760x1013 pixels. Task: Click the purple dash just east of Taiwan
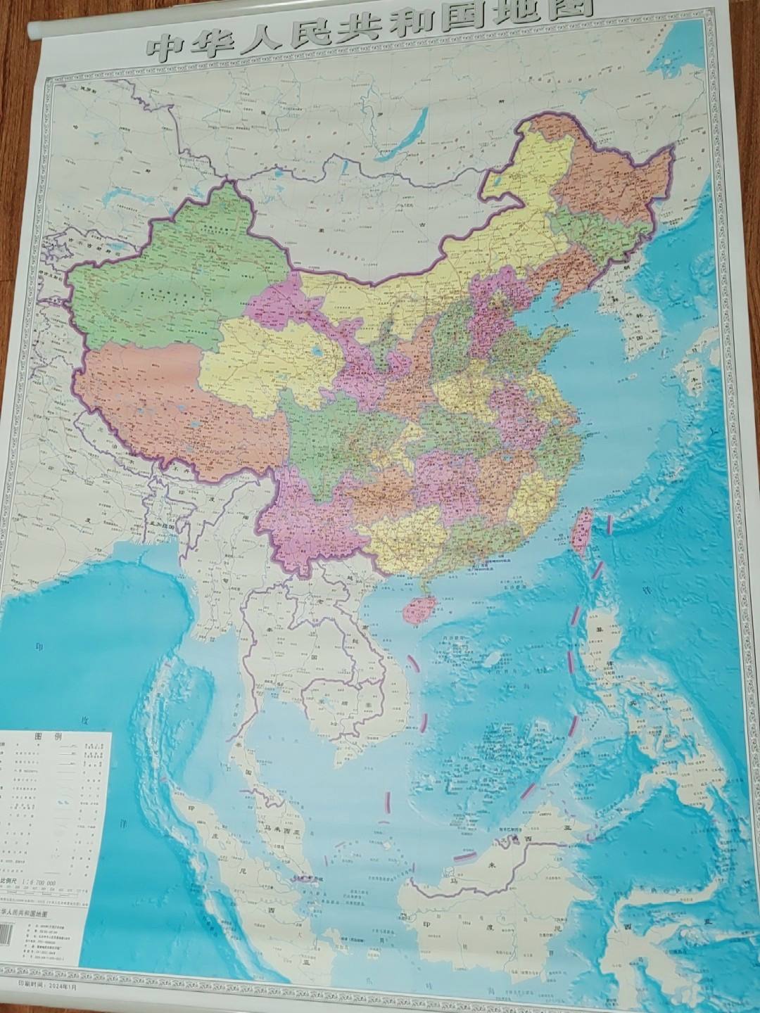tap(609, 522)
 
